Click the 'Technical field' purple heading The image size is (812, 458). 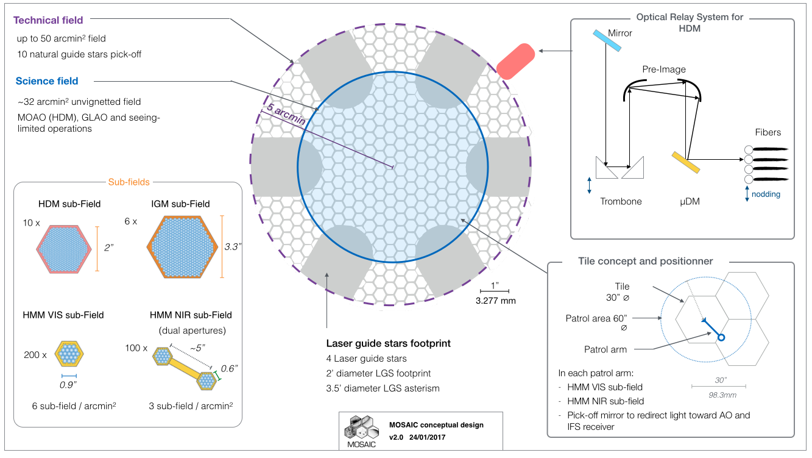coord(48,21)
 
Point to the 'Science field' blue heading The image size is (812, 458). coord(47,81)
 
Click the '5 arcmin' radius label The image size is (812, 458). coord(286,114)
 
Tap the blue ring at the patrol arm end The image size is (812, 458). coord(721,337)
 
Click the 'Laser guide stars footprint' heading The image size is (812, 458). coord(389,343)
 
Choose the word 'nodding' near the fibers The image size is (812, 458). coord(765,194)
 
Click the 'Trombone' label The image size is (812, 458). coord(621,201)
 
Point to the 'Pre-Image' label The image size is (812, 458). coord(663,69)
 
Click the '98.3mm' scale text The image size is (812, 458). coord(719,395)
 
